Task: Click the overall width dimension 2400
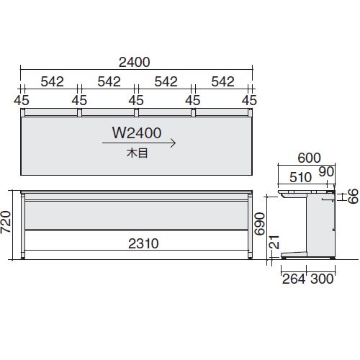tap(136, 62)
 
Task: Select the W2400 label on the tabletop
tap(136, 133)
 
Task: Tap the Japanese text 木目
tap(136, 153)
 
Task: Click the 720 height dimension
tap(7, 225)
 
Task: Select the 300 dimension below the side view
tap(322, 279)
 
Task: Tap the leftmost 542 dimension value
tap(50, 81)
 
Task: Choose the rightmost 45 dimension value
tap(250, 99)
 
